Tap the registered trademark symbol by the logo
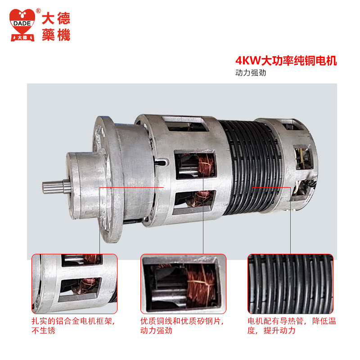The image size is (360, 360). click(38, 11)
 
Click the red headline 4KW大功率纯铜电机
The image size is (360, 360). click(286, 61)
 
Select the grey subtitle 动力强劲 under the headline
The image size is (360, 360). click(251, 73)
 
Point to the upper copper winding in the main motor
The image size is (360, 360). click(206, 165)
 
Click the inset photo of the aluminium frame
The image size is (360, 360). click(74, 284)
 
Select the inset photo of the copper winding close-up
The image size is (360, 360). click(183, 284)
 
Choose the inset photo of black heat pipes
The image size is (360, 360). click(290, 284)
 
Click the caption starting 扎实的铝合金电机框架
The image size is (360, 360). click(73, 325)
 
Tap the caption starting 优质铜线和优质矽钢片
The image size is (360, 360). click(182, 325)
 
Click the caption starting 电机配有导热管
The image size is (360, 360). click(292, 325)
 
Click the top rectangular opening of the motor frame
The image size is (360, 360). click(185, 123)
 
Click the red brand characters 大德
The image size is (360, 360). click(56, 18)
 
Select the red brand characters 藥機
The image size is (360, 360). click(56, 35)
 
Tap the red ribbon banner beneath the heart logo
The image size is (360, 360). click(22, 38)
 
